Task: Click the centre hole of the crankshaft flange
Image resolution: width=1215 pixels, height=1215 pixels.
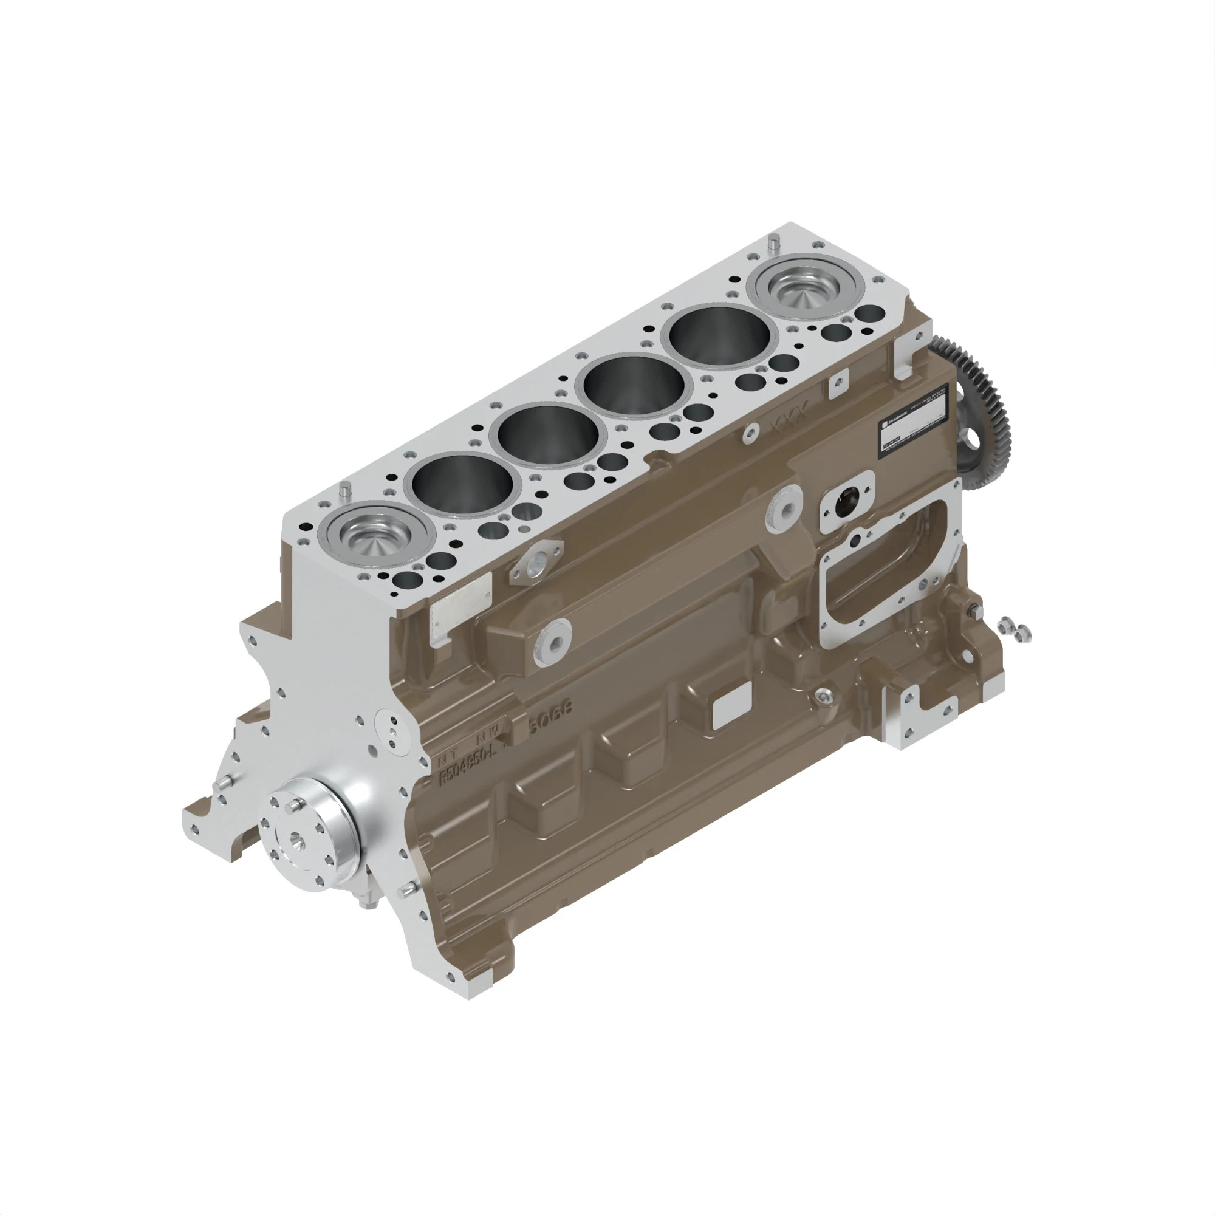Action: [296, 840]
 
